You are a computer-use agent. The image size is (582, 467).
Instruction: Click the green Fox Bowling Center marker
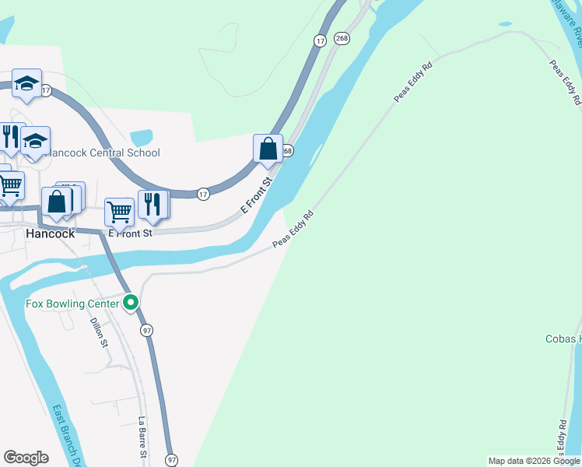click(x=131, y=303)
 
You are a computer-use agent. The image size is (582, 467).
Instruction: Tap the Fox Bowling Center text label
click(x=72, y=304)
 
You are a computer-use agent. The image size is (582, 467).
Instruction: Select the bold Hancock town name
click(x=50, y=233)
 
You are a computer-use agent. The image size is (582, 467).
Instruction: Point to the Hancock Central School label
click(x=103, y=153)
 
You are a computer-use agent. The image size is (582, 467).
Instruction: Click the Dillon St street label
click(x=98, y=332)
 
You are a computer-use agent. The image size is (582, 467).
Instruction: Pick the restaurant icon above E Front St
click(x=153, y=204)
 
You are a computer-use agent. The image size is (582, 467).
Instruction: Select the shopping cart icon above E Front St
click(x=119, y=210)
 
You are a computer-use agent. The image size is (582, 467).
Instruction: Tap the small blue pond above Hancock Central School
click(x=142, y=138)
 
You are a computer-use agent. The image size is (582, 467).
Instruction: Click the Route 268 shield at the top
click(x=342, y=37)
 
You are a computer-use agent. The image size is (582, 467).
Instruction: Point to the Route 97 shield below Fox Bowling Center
click(x=147, y=331)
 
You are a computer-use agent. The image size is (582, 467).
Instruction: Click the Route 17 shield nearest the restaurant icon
click(x=202, y=194)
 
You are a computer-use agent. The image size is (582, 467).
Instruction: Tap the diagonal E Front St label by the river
click(x=256, y=196)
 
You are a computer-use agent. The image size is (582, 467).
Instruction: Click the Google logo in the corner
click(x=26, y=458)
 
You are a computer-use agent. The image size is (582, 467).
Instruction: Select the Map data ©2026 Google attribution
click(x=535, y=461)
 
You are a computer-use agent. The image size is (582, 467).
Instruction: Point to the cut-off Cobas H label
click(x=563, y=339)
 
